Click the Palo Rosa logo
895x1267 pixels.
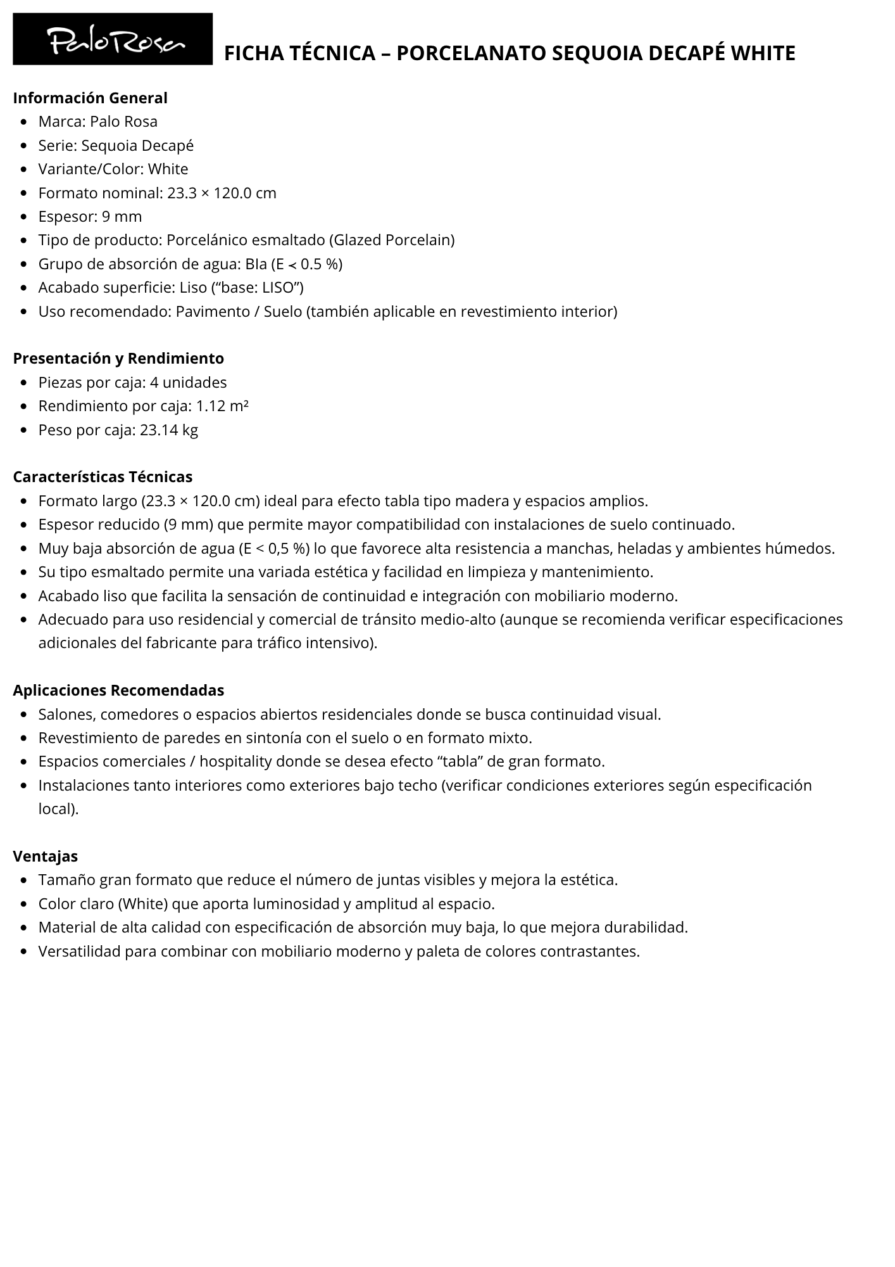[113, 39]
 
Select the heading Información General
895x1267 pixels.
[90, 98]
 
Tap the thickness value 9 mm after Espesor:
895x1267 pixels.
[122, 217]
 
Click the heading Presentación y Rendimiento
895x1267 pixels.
[118, 359]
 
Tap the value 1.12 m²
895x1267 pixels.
[222, 406]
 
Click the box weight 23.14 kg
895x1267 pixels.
[169, 430]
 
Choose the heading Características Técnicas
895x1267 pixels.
[103, 477]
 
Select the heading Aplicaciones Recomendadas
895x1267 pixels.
[118, 691]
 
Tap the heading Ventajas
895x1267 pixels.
[45, 856]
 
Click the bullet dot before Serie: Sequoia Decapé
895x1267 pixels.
[24, 146]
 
